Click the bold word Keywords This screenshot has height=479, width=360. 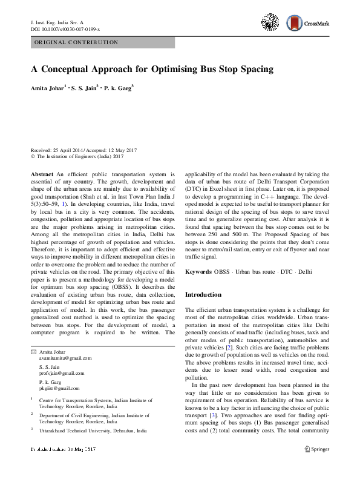tap(198, 273)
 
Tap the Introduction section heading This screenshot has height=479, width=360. tap(203, 294)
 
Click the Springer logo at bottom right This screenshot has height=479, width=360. tap(316, 449)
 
